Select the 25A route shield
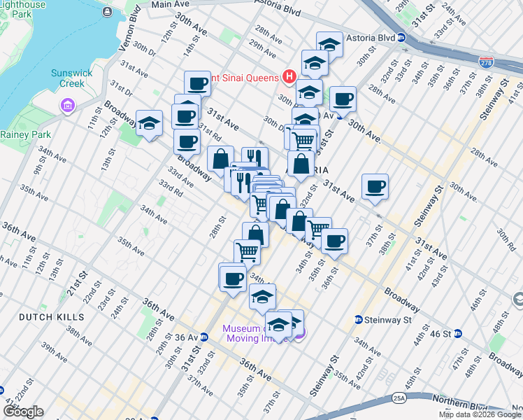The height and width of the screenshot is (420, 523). pos(399,398)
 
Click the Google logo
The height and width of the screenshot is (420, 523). pos(22,412)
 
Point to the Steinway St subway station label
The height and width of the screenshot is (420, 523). pos(388,320)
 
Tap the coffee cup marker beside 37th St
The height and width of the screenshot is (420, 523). pos(375,186)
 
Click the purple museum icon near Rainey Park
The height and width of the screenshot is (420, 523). pos(68,106)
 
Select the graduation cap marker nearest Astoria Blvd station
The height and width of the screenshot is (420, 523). pos(329,44)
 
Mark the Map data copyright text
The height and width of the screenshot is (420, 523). pos(480,414)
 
